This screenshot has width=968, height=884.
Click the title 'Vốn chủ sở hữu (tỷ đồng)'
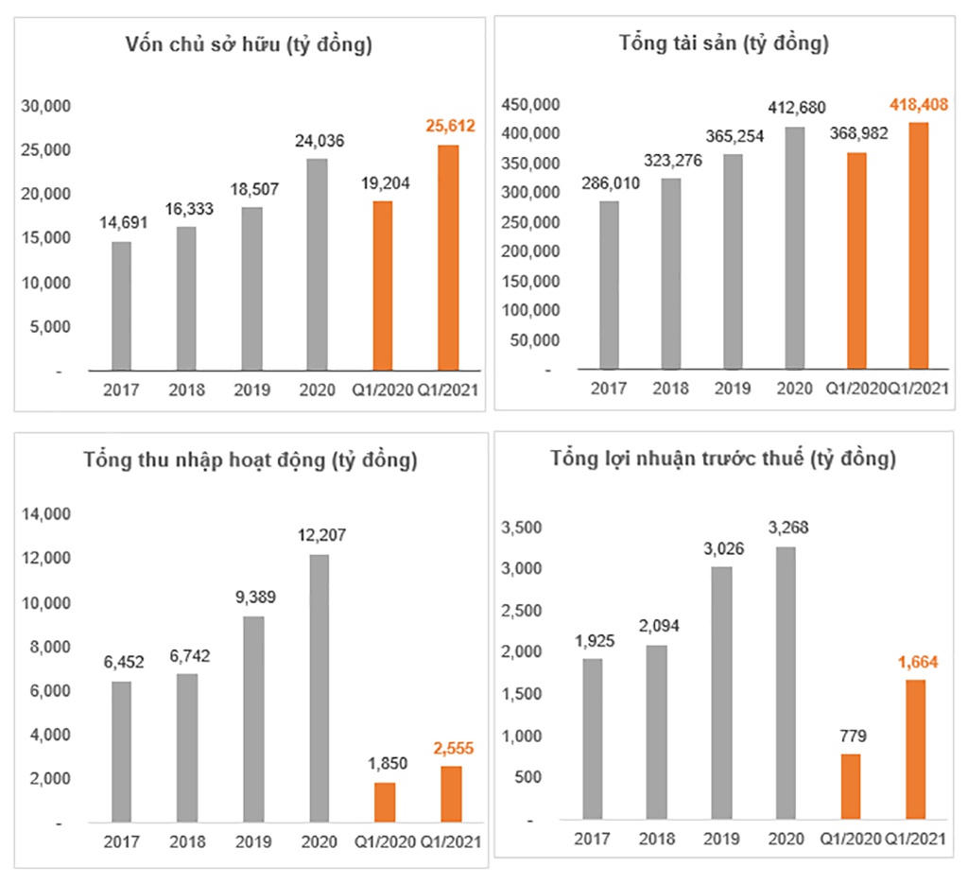point(249,44)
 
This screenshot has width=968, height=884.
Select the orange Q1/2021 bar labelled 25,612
point(449,257)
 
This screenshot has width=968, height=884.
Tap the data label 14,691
point(122,223)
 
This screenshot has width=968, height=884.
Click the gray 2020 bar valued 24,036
point(317,264)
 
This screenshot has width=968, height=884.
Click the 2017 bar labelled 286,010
point(609,284)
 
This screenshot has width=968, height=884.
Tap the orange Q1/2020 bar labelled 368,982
point(856,260)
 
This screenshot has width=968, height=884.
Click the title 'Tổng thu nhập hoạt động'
point(250,461)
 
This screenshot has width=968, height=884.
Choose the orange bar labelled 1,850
point(384,802)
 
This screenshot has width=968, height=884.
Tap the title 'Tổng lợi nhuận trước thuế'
point(723,459)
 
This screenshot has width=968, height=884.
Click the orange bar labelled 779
point(851,785)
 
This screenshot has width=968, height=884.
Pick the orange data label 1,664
point(916,661)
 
